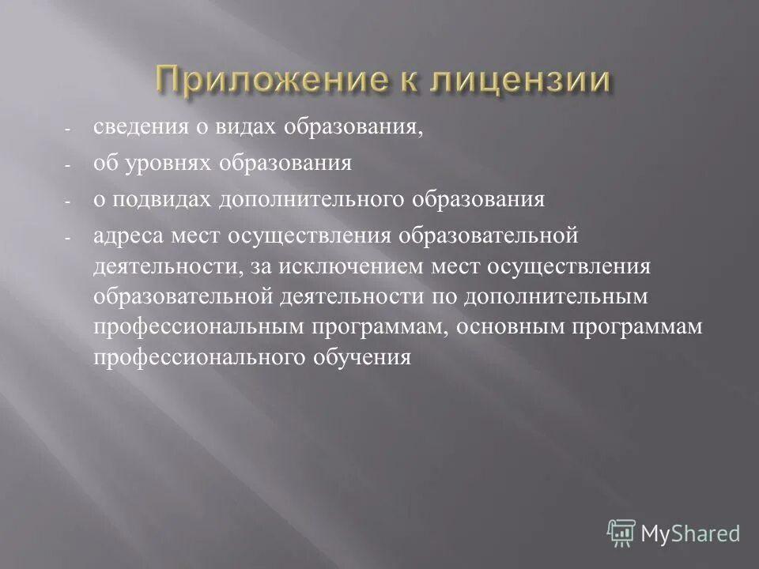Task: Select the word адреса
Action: click(129, 235)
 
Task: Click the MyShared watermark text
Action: click(690, 533)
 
